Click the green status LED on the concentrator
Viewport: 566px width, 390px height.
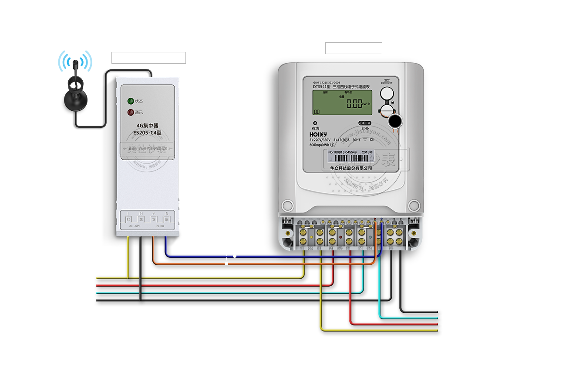point(130,101)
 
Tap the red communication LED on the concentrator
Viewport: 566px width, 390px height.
point(130,113)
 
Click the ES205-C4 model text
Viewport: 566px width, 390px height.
point(147,133)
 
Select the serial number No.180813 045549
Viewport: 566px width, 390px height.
point(343,152)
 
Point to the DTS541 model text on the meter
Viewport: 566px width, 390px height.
point(321,87)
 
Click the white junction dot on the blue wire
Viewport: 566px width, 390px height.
point(235,256)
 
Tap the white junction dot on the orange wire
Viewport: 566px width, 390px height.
point(226,263)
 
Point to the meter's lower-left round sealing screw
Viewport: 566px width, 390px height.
point(287,205)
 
